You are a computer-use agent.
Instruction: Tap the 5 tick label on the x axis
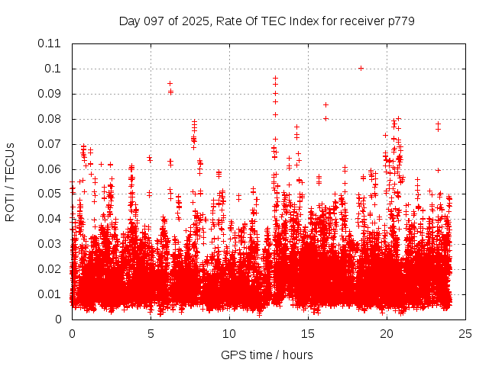tap(151, 334)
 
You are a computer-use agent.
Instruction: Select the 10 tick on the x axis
tap(229, 334)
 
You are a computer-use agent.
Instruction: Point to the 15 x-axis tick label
tap(308, 334)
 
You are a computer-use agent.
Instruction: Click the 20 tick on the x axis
tap(387, 334)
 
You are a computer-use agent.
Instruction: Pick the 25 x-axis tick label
tap(465, 334)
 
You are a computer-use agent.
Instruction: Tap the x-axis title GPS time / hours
tap(267, 355)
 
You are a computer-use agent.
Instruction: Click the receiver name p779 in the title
tap(400, 21)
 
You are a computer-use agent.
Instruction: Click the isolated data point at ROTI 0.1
tap(361, 68)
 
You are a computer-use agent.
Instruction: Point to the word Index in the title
tap(303, 21)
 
